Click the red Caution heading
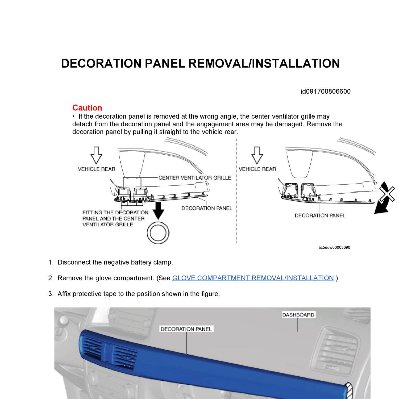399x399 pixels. [87, 108]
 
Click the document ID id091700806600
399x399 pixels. [326, 92]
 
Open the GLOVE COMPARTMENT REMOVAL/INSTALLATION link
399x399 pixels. [253, 278]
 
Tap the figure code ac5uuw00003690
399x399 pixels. [334, 247]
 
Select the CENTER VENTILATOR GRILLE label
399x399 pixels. [195, 178]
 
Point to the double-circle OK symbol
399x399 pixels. [158, 233]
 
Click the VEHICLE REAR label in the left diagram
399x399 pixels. [96, 169]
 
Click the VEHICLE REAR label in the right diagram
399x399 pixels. [257, 169]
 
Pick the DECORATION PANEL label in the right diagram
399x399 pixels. [320, 216]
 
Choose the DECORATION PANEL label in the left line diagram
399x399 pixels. [207, 208]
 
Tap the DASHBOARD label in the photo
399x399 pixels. [298, 315]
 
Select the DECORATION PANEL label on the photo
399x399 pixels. [186, 329]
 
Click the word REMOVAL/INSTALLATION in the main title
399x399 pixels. [264, 64]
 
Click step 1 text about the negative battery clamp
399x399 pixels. [115, 262]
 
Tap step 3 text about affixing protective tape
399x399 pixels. [138, 294]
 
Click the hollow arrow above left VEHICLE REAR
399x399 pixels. [96, 155]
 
